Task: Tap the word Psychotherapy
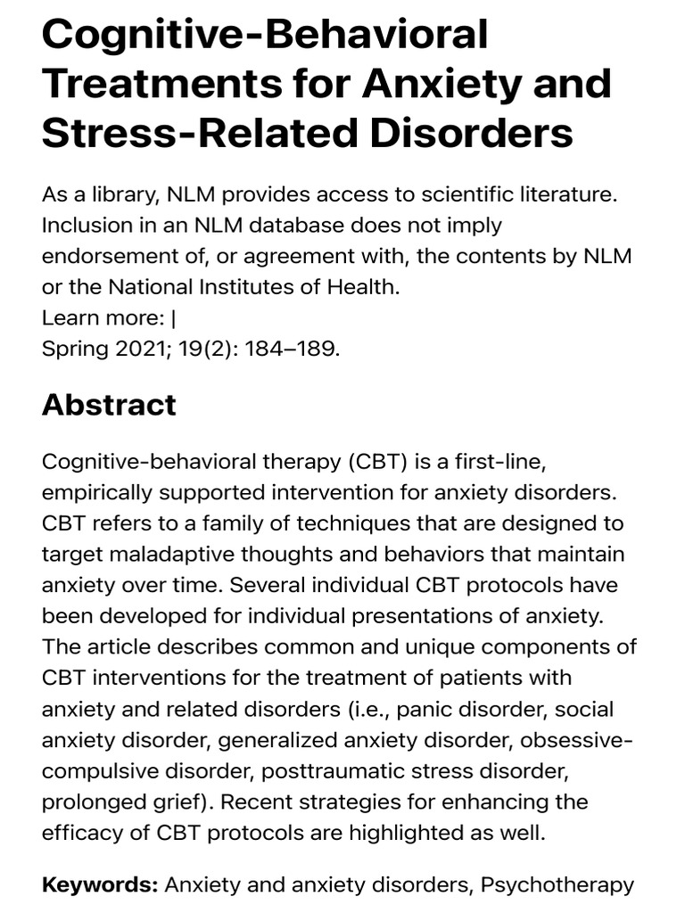pyautogui.click(x=557, y=885)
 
